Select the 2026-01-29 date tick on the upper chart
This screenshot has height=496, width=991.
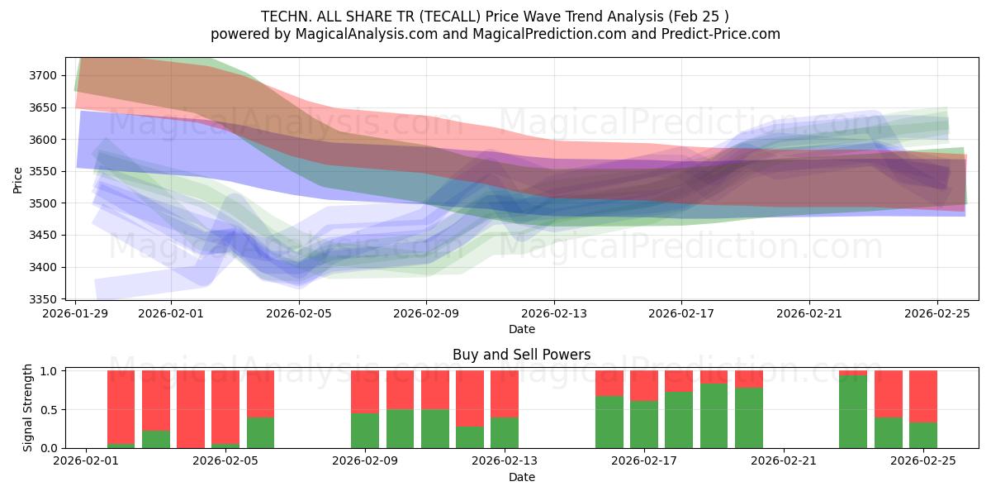pyautogui.click(x=76, y=314)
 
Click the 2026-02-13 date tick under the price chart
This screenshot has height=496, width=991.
pyautogui.click(x=554, y=314)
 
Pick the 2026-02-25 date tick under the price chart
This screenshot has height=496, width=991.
pyautogui.click(x=936, y=314)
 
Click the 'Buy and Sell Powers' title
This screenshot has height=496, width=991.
pyautogui.click(x=521, y=355)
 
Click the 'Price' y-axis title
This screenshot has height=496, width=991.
pyautogui.click(x=19, y=179)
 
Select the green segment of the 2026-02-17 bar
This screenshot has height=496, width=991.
pyautogui.click(x=643, y=424)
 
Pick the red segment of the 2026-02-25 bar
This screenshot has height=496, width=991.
pyautogui.click(x=922, y=397)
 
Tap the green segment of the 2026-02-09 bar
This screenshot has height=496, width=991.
pyautogui.click(x=365, y=431)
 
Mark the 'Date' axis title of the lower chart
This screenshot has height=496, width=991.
pyautogui.click(x=521, y=477)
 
